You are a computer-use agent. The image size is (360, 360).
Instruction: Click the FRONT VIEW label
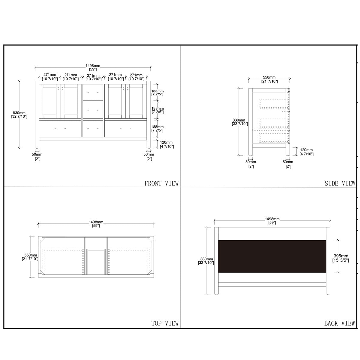(x=161, y=183)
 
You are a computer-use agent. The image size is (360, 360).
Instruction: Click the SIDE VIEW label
(x=340, y=183)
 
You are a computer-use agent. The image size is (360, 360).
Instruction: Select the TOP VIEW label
(x=165, y=323)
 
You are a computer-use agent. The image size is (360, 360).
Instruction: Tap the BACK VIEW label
(x=339, y=323)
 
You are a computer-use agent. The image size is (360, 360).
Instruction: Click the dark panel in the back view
(x=272, y=256)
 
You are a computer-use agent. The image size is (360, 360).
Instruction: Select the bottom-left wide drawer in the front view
(x=60, y=128)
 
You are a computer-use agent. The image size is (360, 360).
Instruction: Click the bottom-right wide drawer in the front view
(x=125, y=128)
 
